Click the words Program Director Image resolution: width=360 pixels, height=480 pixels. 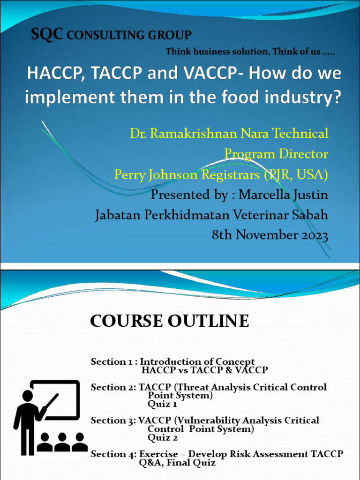click(276, 154)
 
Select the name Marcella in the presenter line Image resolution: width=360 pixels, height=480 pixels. click(265, 195)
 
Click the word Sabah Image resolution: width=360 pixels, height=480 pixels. click(307, 215)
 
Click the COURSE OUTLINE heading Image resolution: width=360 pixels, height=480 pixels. click(169, 322)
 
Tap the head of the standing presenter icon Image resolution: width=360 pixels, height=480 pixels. click(28, 396)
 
